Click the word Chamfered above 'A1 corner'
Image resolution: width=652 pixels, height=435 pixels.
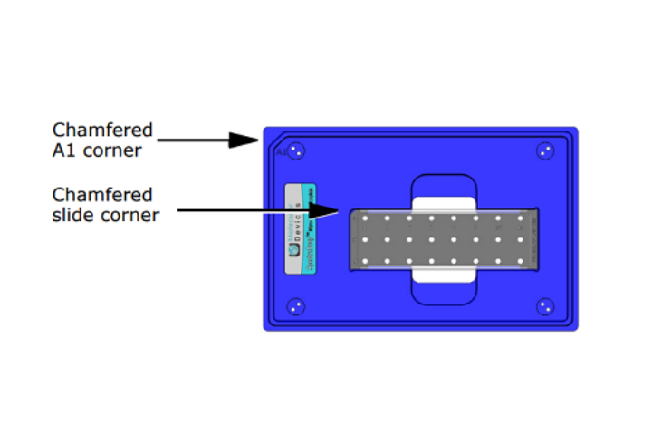click(102, 130)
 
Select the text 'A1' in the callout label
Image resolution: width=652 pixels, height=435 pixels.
click(64, 150)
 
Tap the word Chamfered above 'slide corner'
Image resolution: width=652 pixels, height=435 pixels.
click(102, 195)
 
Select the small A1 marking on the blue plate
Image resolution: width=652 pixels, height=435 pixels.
click(281, 152)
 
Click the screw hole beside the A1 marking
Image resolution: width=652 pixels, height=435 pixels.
click(297, 151)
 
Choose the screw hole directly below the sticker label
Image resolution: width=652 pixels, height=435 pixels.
click(296, 307)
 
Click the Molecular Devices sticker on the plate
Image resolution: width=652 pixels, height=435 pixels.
click(300, 229)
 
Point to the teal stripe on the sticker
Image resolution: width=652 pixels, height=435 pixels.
click(310, 229)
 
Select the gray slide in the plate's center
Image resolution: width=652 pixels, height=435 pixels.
click(444, 239)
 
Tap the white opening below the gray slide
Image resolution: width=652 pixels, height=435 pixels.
click(444, 274)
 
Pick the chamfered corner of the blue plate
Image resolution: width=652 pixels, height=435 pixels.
click(266, 131)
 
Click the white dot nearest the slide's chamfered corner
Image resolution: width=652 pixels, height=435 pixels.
click(365, 218)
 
